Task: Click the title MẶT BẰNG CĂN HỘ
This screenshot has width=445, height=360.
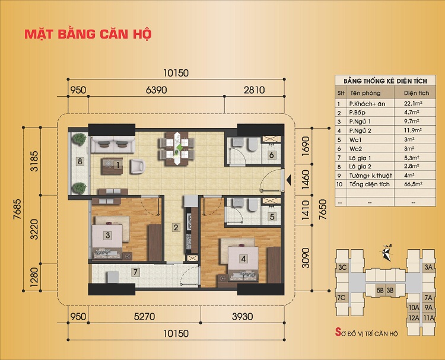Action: pyautogui.click(x=88, y=33)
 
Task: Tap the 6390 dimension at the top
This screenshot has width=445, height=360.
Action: pyautogui.click(x=155, y=90)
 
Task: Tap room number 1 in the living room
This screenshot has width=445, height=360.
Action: pyautogui.click(x=119, y=165)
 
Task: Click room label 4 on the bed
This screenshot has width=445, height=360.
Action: pyautogui.click(x=243, y=258)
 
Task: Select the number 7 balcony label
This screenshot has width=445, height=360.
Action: pyautogui.click(x=135, y=273)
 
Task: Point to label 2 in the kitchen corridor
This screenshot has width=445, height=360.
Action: pyautogui.click(x=176, y=227)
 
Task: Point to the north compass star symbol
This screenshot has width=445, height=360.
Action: pyautogui.click(x=386, y=252)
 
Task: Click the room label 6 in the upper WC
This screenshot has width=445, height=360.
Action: pyautogui.click(x=271, y=155)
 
